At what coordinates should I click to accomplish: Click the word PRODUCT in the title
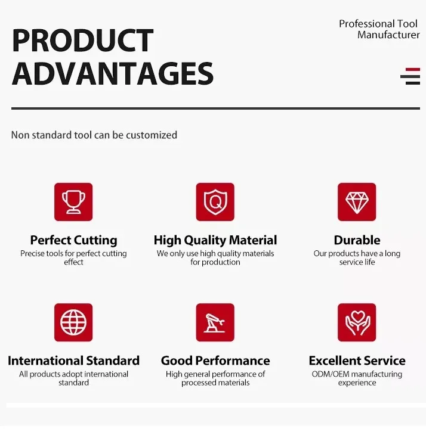tap(82, 41)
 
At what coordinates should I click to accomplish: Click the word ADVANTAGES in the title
tap(112, 74)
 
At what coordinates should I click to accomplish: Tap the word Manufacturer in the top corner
tap(388, 35)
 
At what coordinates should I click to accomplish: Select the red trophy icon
tap(73, 202)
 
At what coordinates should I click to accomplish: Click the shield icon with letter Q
tap(215, 202)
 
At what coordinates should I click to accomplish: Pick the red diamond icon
tap(357, 202)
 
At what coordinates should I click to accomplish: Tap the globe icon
tap(73, 322)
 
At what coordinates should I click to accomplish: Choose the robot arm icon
tap(215, 322)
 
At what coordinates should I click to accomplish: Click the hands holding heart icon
tap(357, 322)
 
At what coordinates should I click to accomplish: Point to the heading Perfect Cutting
tap(73, 240)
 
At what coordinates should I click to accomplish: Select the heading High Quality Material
tap(215, 240)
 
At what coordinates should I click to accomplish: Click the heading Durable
tap(357, 240)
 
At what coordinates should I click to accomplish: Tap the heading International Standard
tap(73, 361)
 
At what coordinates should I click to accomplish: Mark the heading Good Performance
tap(215, 361)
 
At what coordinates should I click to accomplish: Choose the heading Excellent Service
tap(357, 361)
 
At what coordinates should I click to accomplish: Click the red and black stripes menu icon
tap(410, 76)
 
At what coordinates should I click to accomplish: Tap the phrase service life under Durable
tap(357, 262)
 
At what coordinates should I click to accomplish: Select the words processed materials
tap(215, 383)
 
